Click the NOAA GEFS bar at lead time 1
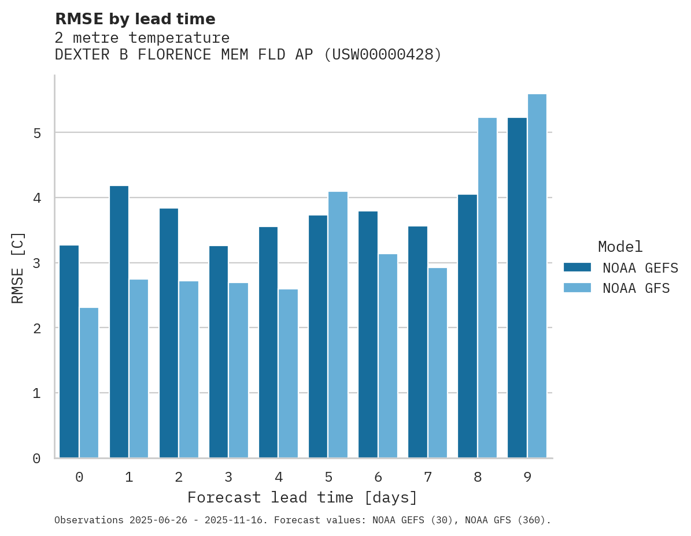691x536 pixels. click(119, 322)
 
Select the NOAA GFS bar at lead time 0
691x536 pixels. click(89, 382)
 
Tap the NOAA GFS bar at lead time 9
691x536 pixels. click(537, 276)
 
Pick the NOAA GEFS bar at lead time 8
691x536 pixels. click(467, 326)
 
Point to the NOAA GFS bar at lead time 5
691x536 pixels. click(338, 325)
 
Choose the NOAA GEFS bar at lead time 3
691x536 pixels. click(219, 352)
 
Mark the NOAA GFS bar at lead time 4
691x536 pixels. click(288, 373)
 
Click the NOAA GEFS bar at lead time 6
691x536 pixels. click(368, 334)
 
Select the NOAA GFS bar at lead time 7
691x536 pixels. click(437, 363)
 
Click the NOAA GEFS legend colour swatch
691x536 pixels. click(577, 267)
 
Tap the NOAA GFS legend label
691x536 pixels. click(636, 288)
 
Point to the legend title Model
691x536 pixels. click(620, 247)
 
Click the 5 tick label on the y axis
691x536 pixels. click(36, 133)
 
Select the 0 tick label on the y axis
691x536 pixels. click(36, 459)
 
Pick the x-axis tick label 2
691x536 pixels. click(179, 478)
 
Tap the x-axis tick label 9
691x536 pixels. click(527, 478)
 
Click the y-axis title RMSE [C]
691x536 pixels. click(18, 267)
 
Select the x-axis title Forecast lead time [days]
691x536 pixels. click(302, 498)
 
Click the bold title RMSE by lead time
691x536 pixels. click(135, 19)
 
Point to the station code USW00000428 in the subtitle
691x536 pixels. click(382, 55)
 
